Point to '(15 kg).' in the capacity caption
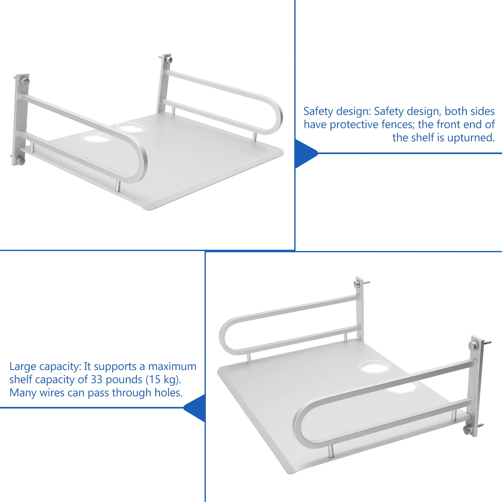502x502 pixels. (x=163, y=380)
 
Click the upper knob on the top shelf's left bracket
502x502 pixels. (x=25, y=82)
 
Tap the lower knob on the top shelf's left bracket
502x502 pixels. (x=20, y=161)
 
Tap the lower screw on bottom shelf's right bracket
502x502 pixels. (x=480, y=426)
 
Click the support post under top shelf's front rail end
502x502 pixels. (x=118, y=186)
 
